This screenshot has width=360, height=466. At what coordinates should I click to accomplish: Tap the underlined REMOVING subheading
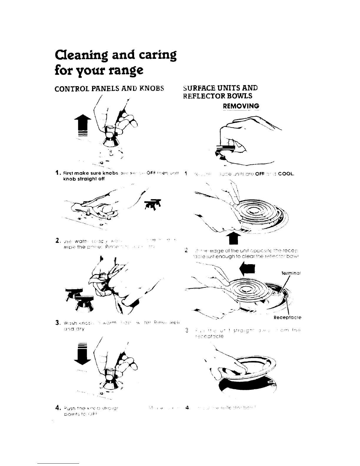(x=241, y=106)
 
